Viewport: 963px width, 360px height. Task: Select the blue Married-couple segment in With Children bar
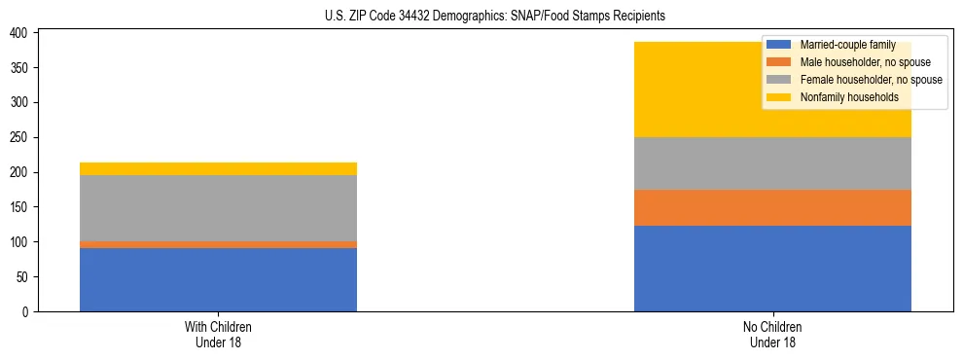218,279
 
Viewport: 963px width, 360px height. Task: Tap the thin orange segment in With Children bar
218,244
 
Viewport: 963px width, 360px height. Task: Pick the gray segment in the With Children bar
218,208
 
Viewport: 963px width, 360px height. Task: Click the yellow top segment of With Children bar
218,168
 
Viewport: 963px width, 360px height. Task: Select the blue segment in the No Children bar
772,269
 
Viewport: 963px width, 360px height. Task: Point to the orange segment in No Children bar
772,207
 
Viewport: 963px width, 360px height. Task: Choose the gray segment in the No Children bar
772,163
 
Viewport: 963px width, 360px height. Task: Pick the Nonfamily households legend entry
842,97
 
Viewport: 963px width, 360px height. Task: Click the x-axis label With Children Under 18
218,334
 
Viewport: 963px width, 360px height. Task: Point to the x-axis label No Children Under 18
772,334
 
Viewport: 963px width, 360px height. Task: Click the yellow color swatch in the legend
780,97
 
